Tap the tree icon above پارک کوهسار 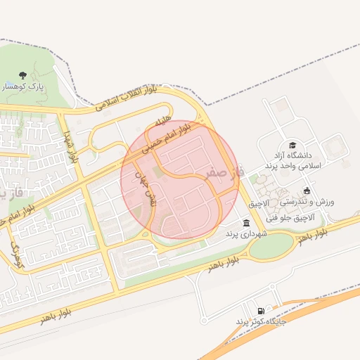(x=22, y=75)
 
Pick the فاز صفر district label (x=226, y=171)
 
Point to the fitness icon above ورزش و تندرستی (x=307, y=191)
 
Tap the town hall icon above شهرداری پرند (x=245, y=223)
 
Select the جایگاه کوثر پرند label (x=260, y=321)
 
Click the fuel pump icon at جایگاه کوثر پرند (x=261, y=311)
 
